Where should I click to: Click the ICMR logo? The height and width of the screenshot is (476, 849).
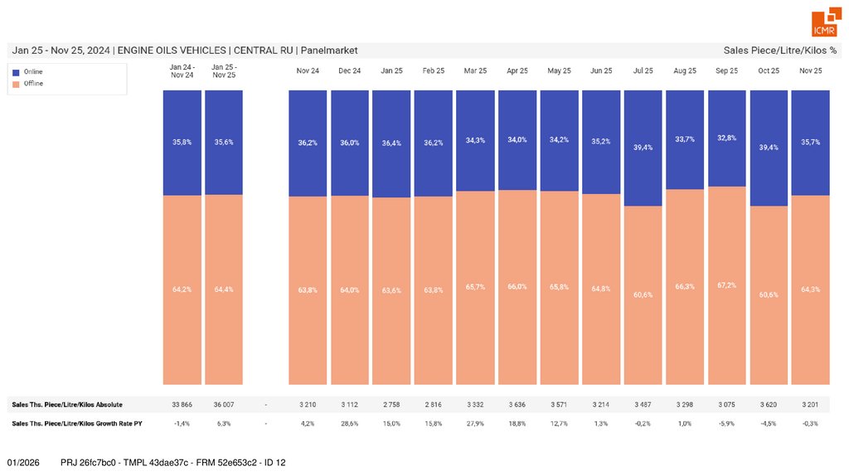tap(824, 23)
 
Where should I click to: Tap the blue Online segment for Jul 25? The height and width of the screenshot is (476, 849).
tap(643, 148)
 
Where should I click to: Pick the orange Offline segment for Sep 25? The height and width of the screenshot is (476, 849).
tap(727, 285)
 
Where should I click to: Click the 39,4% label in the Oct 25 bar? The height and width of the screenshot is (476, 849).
tap(769, 148)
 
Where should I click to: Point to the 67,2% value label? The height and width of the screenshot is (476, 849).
tap(727, 285)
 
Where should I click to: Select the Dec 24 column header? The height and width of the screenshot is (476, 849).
tap(350, 71)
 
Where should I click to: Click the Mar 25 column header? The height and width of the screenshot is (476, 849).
tap(476, 71)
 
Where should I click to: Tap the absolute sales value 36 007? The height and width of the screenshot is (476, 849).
tap(224, 405)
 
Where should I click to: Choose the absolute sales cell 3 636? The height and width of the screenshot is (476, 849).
tap(517, 405)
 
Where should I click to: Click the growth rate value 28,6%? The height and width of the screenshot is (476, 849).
tap(350, 424)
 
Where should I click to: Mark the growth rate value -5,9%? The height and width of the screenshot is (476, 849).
tap(727, 424)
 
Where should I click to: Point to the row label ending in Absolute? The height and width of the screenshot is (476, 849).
tap(67, 405)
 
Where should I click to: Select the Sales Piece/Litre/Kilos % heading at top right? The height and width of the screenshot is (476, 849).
tap(779, 51)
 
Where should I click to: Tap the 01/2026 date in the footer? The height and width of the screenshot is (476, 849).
tap(24, 461)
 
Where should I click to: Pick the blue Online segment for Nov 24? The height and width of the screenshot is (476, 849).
tap(308, 143)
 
